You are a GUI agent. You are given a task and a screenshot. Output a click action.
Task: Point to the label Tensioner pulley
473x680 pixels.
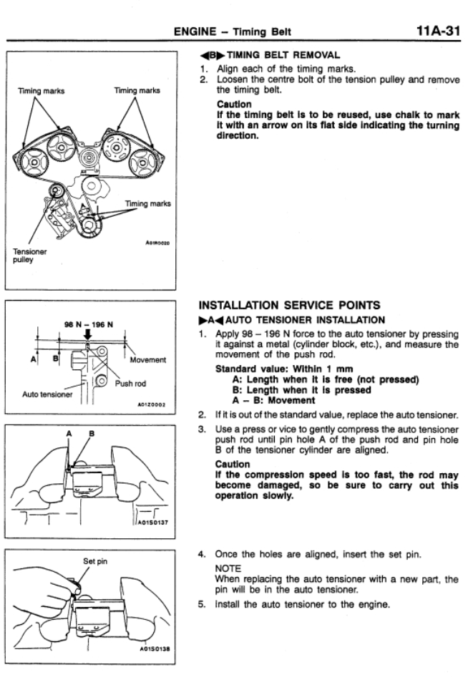(x=28, y=256)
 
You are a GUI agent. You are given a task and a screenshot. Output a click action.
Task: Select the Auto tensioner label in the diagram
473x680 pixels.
(x=46, y=394)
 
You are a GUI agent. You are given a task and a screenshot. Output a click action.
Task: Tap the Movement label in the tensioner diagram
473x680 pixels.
(x=148, y=359)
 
